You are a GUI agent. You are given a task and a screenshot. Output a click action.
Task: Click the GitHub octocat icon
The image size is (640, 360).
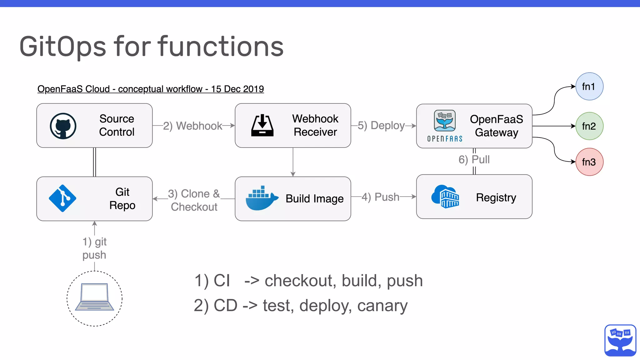pos(63,126)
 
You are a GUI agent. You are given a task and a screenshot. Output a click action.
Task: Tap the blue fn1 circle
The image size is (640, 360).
pos(589,87)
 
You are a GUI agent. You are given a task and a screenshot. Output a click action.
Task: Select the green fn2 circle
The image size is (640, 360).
pos(589,126)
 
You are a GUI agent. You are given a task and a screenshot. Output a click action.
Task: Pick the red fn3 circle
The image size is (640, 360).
pos(589,162)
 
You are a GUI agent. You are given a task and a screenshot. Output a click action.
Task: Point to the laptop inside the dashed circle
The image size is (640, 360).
pos(95,297)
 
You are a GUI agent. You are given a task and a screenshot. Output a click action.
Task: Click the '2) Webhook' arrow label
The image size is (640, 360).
pos(192,126)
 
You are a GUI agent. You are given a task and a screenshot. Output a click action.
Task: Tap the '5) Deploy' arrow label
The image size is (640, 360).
pos(381,126)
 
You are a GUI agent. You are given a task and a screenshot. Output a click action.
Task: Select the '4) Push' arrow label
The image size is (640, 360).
pos(381,197)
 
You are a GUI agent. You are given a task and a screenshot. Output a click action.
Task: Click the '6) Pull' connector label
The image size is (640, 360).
pos(474,160)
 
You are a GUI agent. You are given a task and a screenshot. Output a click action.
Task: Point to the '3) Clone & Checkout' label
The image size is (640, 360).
pos(194,200)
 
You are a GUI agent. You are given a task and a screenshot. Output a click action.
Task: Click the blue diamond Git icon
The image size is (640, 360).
pos(62,198)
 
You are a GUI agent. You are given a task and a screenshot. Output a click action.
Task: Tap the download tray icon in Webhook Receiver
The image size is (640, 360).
pos(262,126)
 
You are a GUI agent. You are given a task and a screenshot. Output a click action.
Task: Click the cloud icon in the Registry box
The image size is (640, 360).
pos(445,197)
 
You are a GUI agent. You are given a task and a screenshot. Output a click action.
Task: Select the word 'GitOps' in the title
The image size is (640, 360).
pos(63,47)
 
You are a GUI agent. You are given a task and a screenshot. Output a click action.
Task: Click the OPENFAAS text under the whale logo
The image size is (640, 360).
pos(445,139)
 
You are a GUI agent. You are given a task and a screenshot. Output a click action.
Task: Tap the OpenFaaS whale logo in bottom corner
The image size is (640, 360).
pos(620,340)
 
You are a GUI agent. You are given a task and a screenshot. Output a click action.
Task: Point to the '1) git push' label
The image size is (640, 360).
pos(94,248)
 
